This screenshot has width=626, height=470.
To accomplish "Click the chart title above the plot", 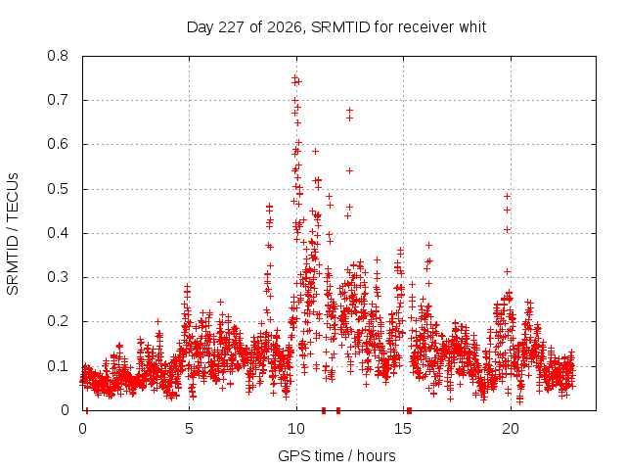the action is (336, 27).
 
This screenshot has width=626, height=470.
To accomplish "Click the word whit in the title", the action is (472, 26).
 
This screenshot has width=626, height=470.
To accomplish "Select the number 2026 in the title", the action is (285, 27).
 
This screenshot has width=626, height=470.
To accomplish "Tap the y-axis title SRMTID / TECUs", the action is (13, 234).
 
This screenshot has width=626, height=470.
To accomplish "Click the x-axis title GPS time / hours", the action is (336, 455).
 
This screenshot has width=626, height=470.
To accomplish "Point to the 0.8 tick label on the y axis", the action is (58, 56).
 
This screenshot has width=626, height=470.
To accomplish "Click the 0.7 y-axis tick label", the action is (58, 100).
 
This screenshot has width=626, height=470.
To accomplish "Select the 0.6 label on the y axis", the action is (58, 144).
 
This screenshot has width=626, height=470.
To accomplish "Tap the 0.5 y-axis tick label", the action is (58, 189).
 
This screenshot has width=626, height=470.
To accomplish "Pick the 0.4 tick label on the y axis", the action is (58, 233).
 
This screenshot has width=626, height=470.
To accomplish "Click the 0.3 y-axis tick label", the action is (58, 277).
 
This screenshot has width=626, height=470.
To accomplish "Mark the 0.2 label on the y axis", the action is (58, 321).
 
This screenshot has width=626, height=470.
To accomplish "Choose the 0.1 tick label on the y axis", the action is (58, 365).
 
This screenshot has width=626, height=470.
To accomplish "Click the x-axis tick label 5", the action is (189, 429).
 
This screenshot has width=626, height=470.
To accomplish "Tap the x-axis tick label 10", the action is (296, 429).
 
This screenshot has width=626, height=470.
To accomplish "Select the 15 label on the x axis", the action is (403, 429).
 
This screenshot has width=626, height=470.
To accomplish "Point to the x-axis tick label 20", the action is (511, 429).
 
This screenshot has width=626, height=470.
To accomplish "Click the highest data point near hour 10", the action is (294, 78).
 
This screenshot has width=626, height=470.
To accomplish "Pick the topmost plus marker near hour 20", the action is (507, 196).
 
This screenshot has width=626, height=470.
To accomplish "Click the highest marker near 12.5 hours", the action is (349, 110).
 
